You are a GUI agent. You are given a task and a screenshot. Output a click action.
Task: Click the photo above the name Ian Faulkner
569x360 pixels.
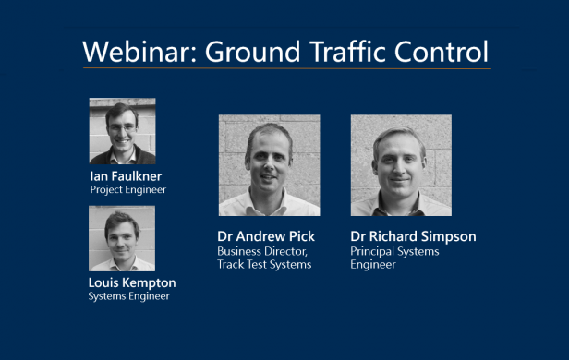coord(122,131)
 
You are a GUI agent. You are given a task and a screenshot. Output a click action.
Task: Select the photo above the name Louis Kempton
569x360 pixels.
coord(122,238)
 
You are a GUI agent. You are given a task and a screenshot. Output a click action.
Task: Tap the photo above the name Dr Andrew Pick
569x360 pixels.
coord(269,165)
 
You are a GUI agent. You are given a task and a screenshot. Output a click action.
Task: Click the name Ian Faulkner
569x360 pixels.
coord(127,175)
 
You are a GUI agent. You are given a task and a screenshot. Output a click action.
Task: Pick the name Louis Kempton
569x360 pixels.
coord(132,282)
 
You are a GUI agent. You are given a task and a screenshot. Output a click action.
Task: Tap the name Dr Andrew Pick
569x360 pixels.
coord(266,236)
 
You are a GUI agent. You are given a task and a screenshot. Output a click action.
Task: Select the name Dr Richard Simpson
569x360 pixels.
coord(413,236)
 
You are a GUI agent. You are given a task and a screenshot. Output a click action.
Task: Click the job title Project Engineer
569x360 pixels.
coord(127,189)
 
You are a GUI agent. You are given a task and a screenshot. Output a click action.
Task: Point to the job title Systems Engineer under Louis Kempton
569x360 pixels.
coord(129,296)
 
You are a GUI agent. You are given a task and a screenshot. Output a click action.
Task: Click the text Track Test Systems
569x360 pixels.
coord(264,265)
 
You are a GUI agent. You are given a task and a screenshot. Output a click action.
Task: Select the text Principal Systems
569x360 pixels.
coord(394,251)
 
